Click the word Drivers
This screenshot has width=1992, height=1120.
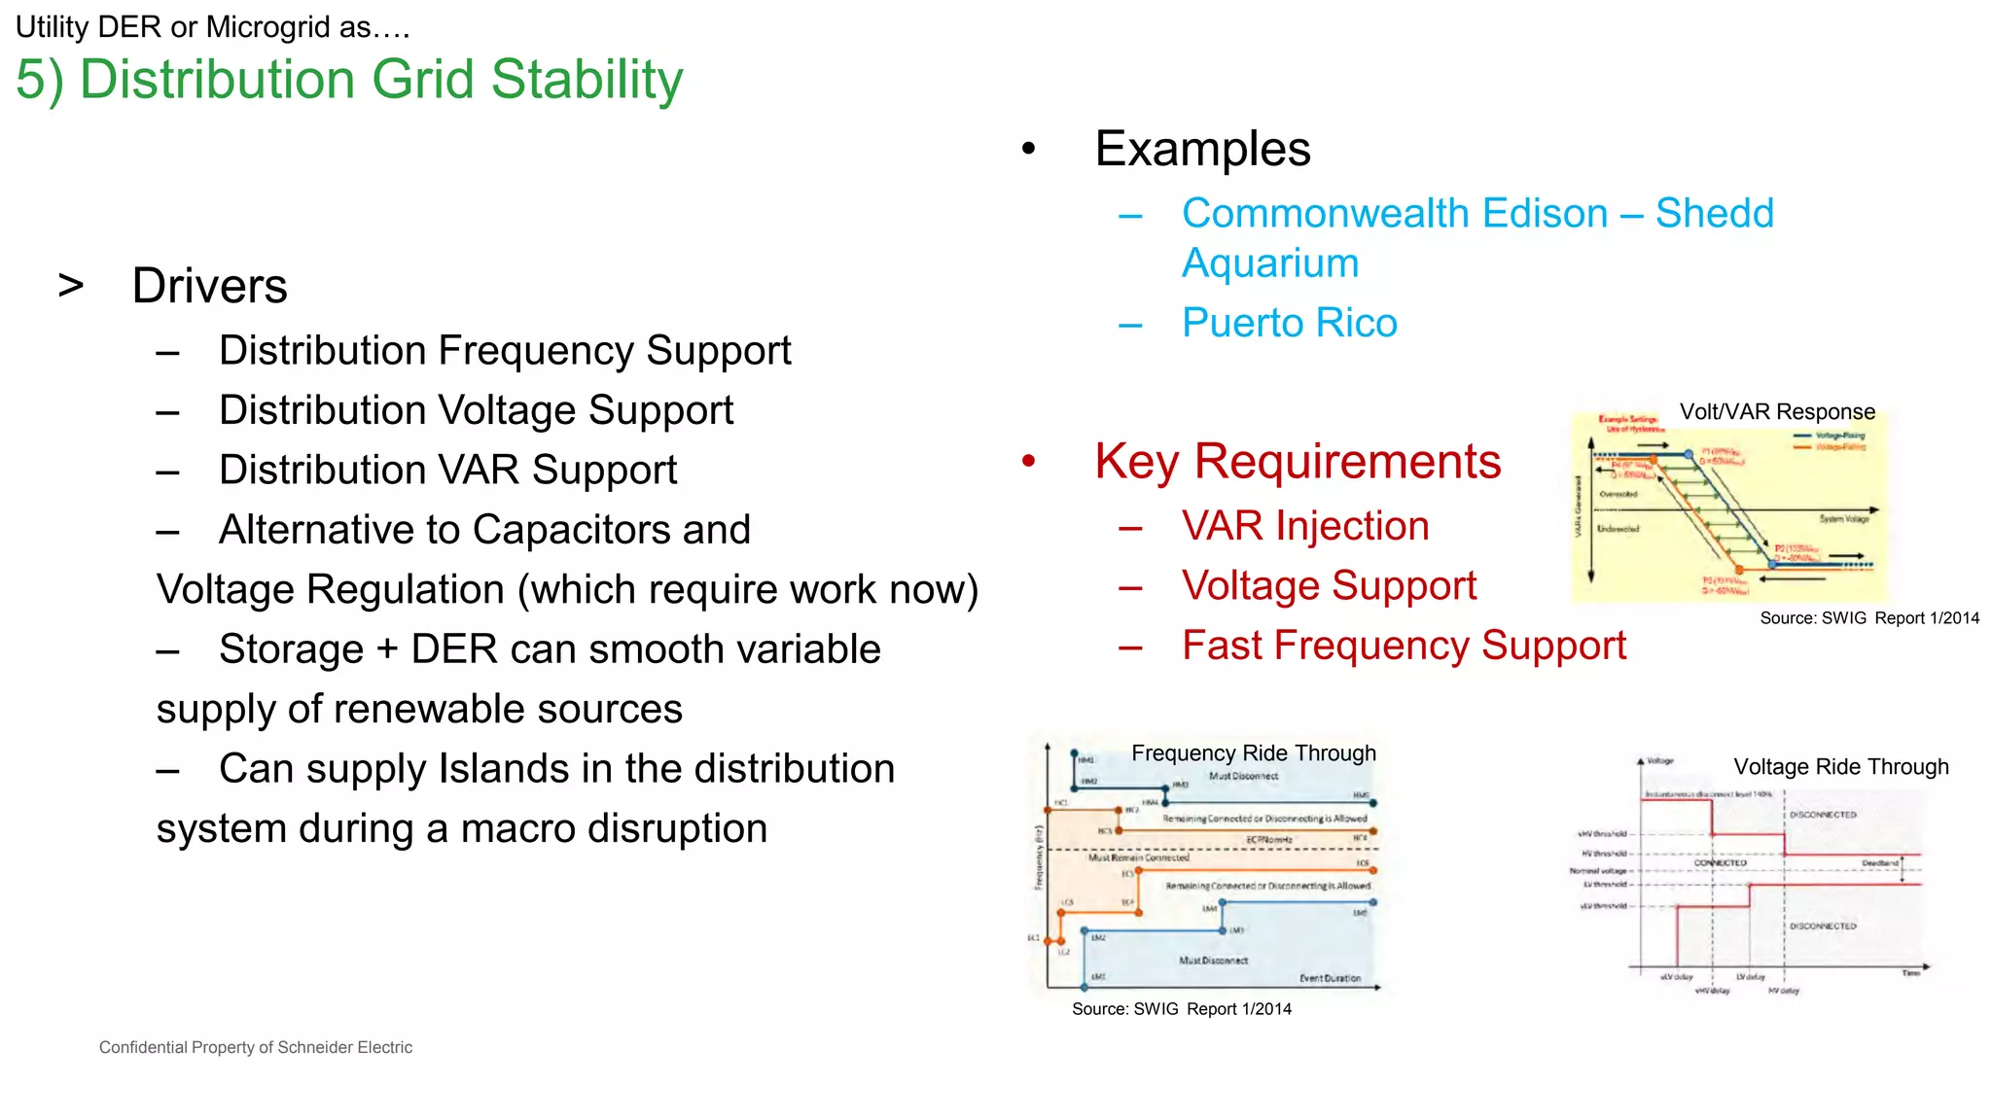coord(209,286)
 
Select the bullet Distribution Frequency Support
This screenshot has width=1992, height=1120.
coord(504,351)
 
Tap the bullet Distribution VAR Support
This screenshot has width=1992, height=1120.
coord(447,471)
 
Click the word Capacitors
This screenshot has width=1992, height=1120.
coord(572,530)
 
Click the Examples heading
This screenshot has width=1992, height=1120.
coord(1202,150)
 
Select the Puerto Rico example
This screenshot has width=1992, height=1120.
coord(1289,323)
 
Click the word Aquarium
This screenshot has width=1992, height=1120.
coord(1269,263)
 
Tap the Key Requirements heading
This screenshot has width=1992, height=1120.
coord(1298,462)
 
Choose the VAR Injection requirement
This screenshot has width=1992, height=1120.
coord(1305,526)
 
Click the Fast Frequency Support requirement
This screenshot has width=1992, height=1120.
coord(1404,646)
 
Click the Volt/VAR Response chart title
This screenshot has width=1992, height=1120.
coord(1777,411)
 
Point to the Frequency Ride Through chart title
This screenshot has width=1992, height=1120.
coord(1254,752)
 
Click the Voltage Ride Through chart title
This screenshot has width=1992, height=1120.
coord(1840,767)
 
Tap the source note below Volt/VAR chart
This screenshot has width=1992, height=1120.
coord(1868,618)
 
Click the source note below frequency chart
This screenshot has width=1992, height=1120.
coord(1181,1009)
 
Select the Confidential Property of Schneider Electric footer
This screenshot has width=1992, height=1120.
coord(256,1047)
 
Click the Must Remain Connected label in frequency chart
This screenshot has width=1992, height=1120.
coord(1138,857)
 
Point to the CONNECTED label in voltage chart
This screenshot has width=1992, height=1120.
coord(1720,862)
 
